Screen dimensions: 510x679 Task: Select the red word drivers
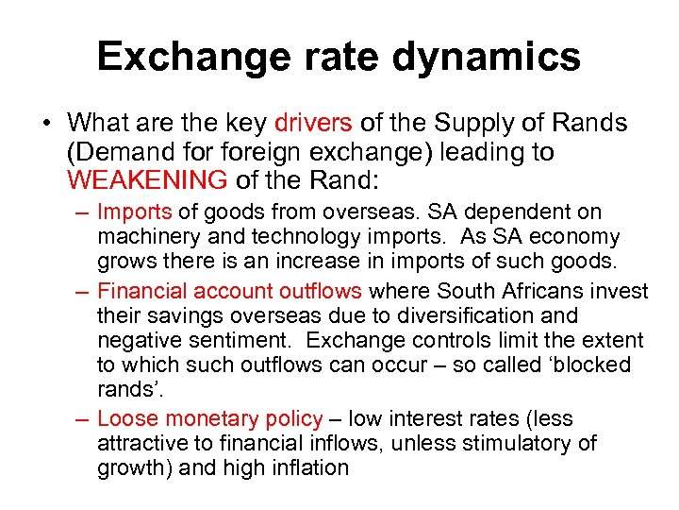[313, 124]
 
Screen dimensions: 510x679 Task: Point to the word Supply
[471, 124]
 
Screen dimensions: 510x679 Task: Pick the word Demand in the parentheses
[120, 152]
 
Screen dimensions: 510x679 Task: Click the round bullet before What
[45, 124]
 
